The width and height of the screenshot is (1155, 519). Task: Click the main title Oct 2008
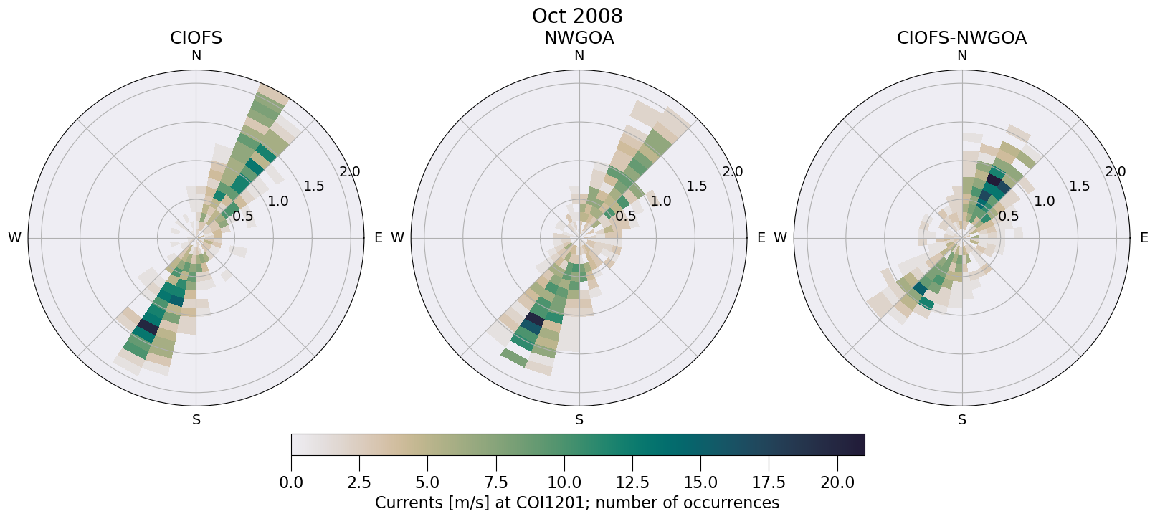coord(577,16)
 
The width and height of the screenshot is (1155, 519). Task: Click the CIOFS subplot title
coord(196,38)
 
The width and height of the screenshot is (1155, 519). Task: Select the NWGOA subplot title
coord(579,38)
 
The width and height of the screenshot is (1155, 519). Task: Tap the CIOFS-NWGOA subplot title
coord(961,38)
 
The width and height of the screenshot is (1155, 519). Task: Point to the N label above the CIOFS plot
coord(196,56)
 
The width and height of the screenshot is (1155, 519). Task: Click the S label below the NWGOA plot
coord(579,420)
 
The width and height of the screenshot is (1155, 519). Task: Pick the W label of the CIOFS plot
coord(14,238)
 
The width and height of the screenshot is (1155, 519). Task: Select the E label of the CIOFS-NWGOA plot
coord(1144,238)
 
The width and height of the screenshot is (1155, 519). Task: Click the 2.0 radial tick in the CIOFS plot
coord(350,172)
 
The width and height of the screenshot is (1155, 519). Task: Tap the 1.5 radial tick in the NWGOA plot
coord(696,186)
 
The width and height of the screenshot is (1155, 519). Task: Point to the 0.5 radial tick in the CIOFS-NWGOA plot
coord(1009,216)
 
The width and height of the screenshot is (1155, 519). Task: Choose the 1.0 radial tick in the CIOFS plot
coord(278,201)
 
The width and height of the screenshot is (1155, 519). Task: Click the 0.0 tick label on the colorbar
coord(291,482)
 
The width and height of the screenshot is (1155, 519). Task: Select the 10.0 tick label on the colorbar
coord(564,482)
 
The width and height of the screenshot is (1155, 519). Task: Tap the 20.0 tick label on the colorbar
coord(837,482)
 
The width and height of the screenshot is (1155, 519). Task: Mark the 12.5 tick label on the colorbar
coord(632,482)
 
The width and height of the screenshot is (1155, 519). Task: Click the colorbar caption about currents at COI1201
coord(577,503)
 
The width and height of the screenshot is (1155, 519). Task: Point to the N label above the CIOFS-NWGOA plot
coord(962,56)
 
